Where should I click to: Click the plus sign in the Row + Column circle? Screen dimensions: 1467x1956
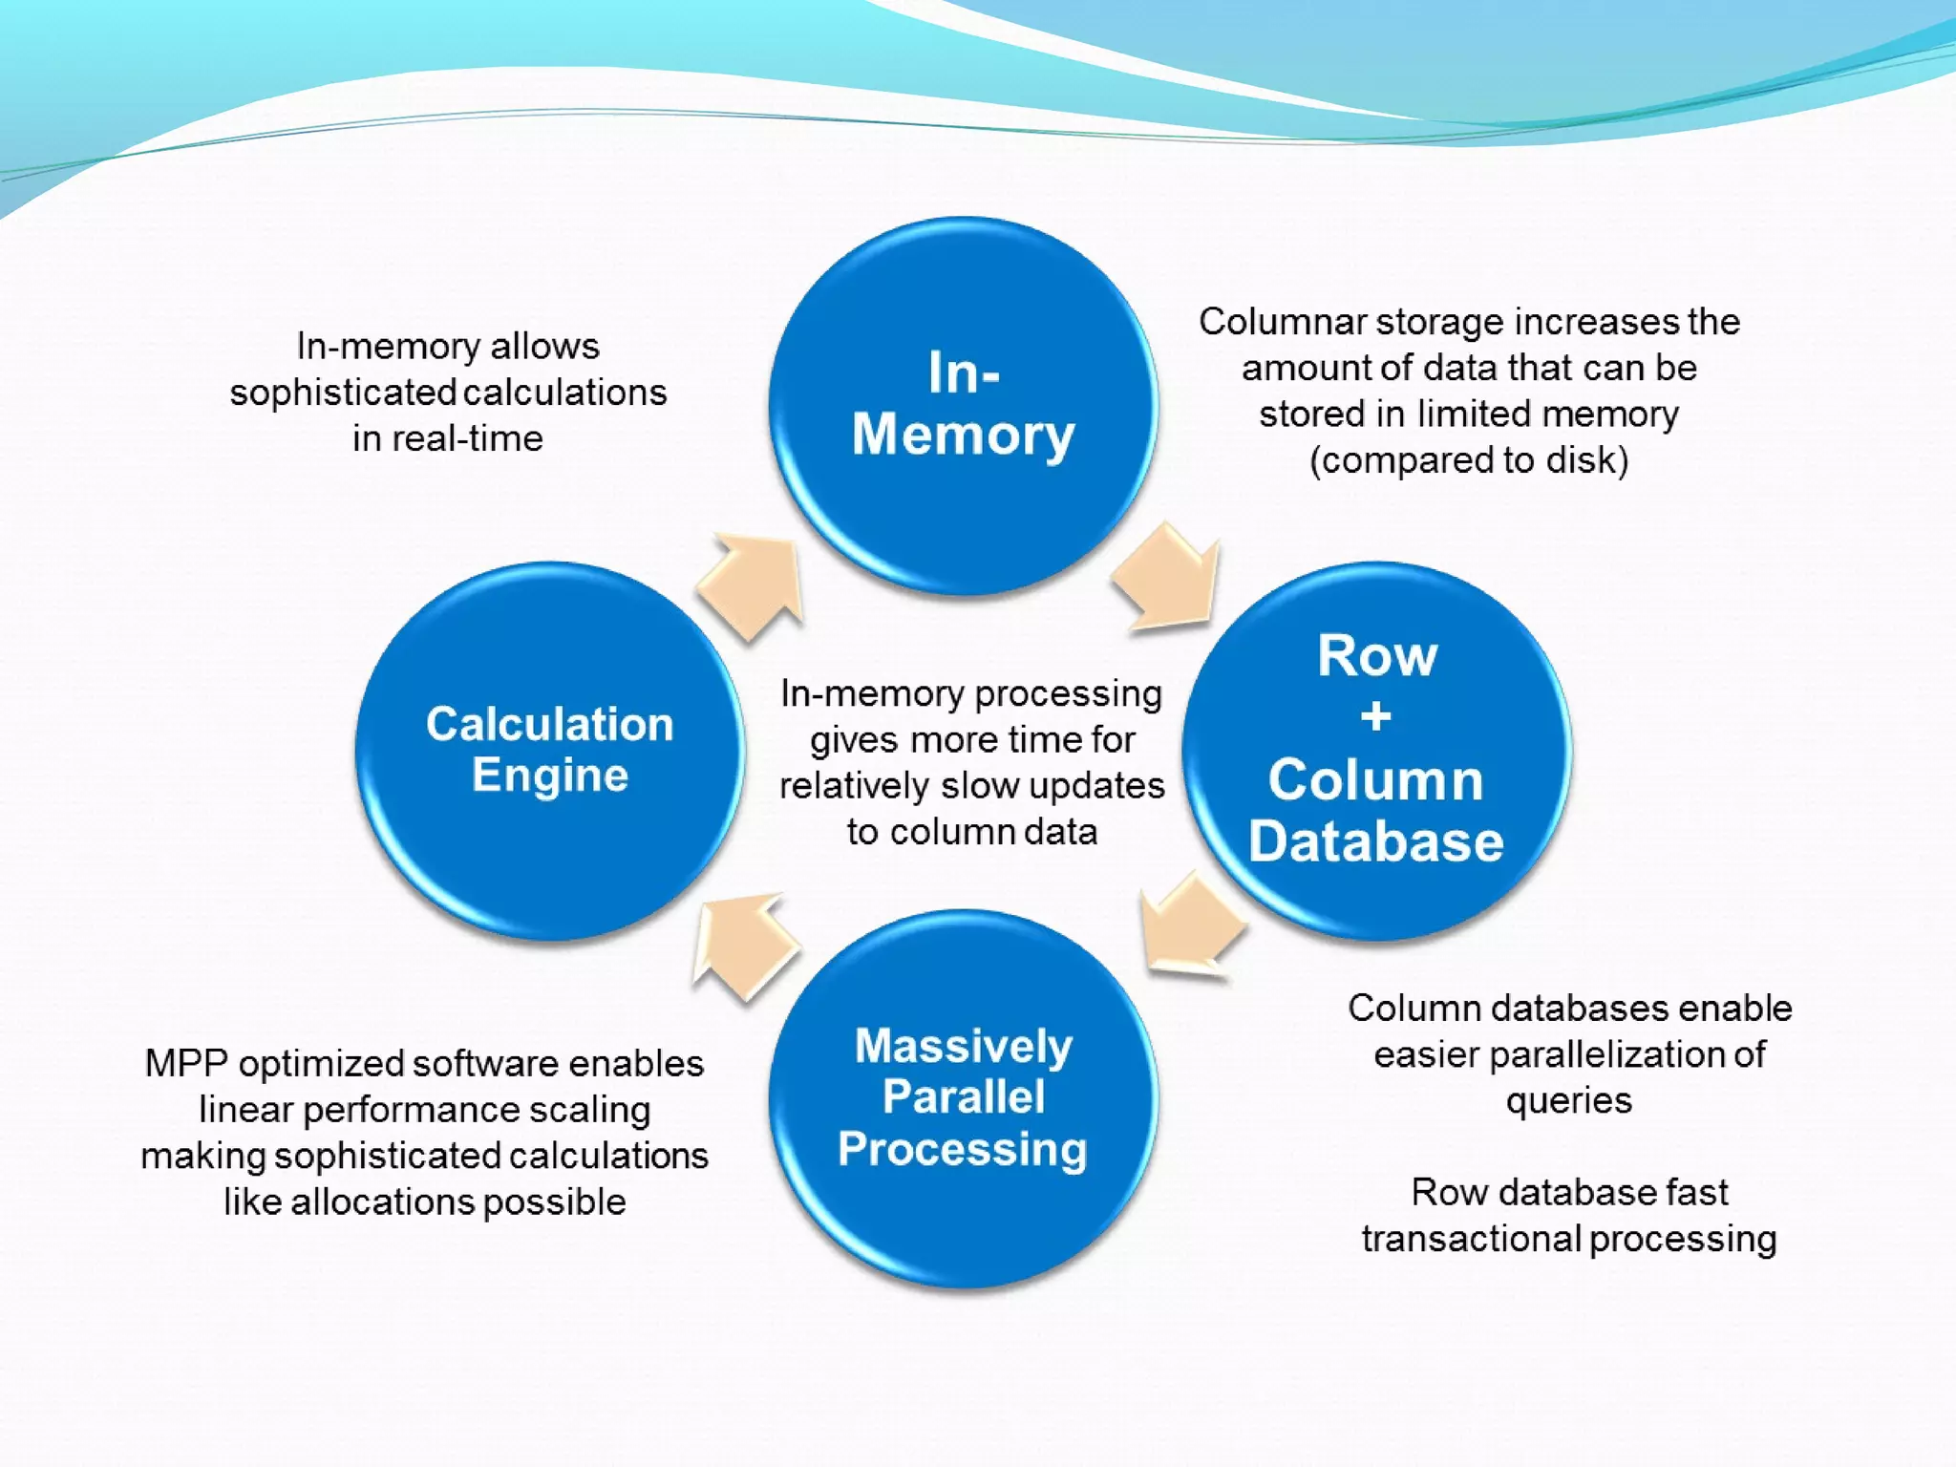pos(1376,716)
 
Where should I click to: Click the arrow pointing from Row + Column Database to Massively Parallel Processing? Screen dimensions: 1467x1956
pos(1189,926)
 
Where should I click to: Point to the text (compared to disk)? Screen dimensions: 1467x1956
pos(1469,460)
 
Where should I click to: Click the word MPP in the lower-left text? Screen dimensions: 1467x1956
pos(186,1064)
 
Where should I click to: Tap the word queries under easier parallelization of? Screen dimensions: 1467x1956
pos(1569,1101)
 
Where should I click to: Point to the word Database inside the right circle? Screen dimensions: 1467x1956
pos(1376,841)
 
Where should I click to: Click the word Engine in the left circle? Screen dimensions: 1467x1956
pos(550,775)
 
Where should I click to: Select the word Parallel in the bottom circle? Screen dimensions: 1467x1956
pos(963,1096)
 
